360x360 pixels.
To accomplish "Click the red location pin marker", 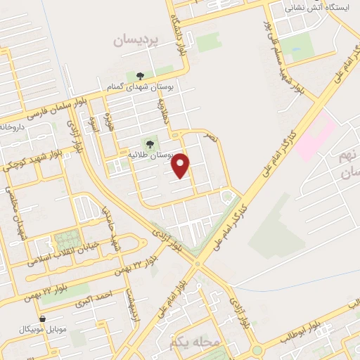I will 181,165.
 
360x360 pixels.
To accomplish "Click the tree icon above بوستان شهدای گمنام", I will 139,75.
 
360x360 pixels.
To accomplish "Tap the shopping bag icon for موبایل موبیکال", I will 43,319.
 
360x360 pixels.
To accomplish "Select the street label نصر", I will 211,138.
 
